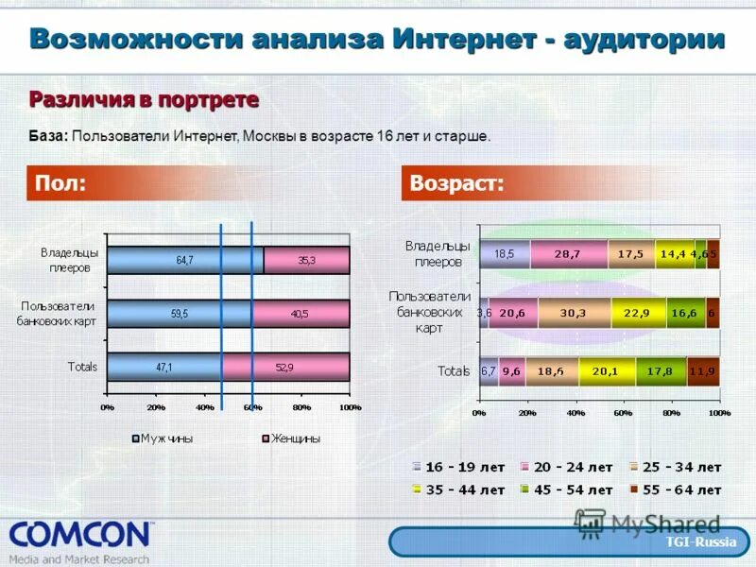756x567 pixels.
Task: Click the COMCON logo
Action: pos(80,537)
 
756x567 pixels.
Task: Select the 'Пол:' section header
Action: pos(60,183)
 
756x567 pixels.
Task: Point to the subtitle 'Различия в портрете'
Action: pos(144,99)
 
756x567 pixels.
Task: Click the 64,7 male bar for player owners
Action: pos(185,260)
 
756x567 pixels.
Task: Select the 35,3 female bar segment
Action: pos(307,260)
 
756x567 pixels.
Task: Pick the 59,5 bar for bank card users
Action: pos(180,313)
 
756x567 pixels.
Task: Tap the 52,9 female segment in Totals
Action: pos(286,367)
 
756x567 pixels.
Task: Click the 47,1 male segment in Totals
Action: pos(165,367)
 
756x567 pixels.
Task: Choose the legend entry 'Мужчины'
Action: pos(165,438)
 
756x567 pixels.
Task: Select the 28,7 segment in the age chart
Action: pos(568,254)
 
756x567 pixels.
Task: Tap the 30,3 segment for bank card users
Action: pos(574,313)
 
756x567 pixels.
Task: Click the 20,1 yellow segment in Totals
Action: pos(607,371)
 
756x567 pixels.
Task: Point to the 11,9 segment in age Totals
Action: pos(702,371)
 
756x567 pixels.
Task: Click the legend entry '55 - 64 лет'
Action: pos(675,490)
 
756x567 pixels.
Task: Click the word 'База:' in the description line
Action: pos(47,136)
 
